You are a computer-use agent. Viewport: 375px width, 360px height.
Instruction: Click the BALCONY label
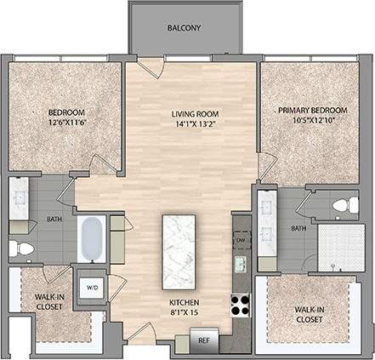[184, 28]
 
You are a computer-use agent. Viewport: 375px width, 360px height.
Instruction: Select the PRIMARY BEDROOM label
[312, 110]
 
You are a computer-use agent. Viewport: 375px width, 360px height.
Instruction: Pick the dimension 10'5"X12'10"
[312, 121]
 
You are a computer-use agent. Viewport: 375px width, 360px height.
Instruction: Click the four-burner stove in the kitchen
[241, 304]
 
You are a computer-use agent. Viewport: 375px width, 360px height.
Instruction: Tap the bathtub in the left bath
[91, 240]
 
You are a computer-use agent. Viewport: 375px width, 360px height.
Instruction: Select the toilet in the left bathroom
[23, 247]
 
